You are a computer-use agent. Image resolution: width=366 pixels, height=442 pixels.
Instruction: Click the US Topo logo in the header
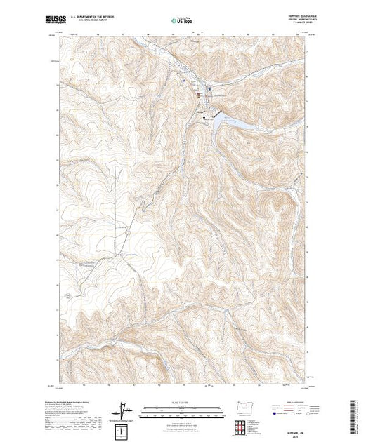[183, 22]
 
